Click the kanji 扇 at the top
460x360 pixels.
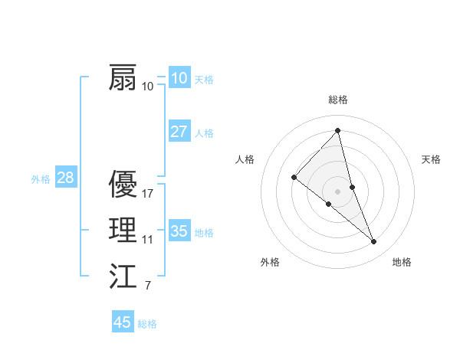tap(123, 78)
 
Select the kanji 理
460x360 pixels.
tap(123, 230)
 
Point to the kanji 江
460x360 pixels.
tap(123, 277)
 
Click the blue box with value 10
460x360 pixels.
tap(179, 78)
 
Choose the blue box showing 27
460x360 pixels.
tap(179, 132)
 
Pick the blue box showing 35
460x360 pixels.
tap(179, 231)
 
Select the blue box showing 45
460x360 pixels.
tap(123, 322)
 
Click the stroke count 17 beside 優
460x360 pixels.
tap(148, 194)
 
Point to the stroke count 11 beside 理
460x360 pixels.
tap(148, 240)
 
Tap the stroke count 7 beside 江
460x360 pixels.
tap(148, 286)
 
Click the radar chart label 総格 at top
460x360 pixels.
tap(338, 100)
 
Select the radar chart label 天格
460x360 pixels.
tap(432, 159)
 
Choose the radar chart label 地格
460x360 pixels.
tap(402, 262)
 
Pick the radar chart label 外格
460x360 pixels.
tap(270, 262)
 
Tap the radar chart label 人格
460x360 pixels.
tap(245, 159)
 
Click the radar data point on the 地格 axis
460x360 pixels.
tap(374, 242)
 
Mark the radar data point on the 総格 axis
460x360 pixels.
tap(338, 131)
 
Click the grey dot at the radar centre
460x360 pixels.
tap(338, 191)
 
